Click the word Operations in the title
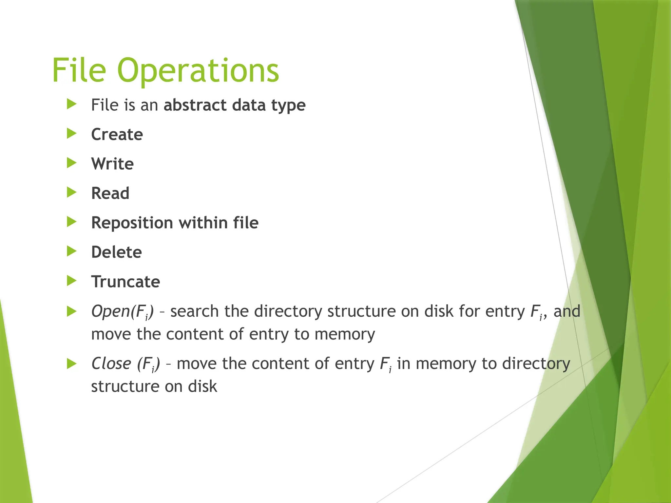(198, 71)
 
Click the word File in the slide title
(79, 70)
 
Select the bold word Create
(117, 135)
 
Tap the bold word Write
(112, 164)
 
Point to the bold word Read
(110, 193)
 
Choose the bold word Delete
(116, 252)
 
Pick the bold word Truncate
(125, 282)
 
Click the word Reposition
(132, 223)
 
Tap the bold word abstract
(195, 105)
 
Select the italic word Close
(111, 363)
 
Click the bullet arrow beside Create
(71, 134)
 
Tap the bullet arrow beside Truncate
(71, 281)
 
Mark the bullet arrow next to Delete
(71, 251)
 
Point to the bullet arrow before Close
(71, 363)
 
